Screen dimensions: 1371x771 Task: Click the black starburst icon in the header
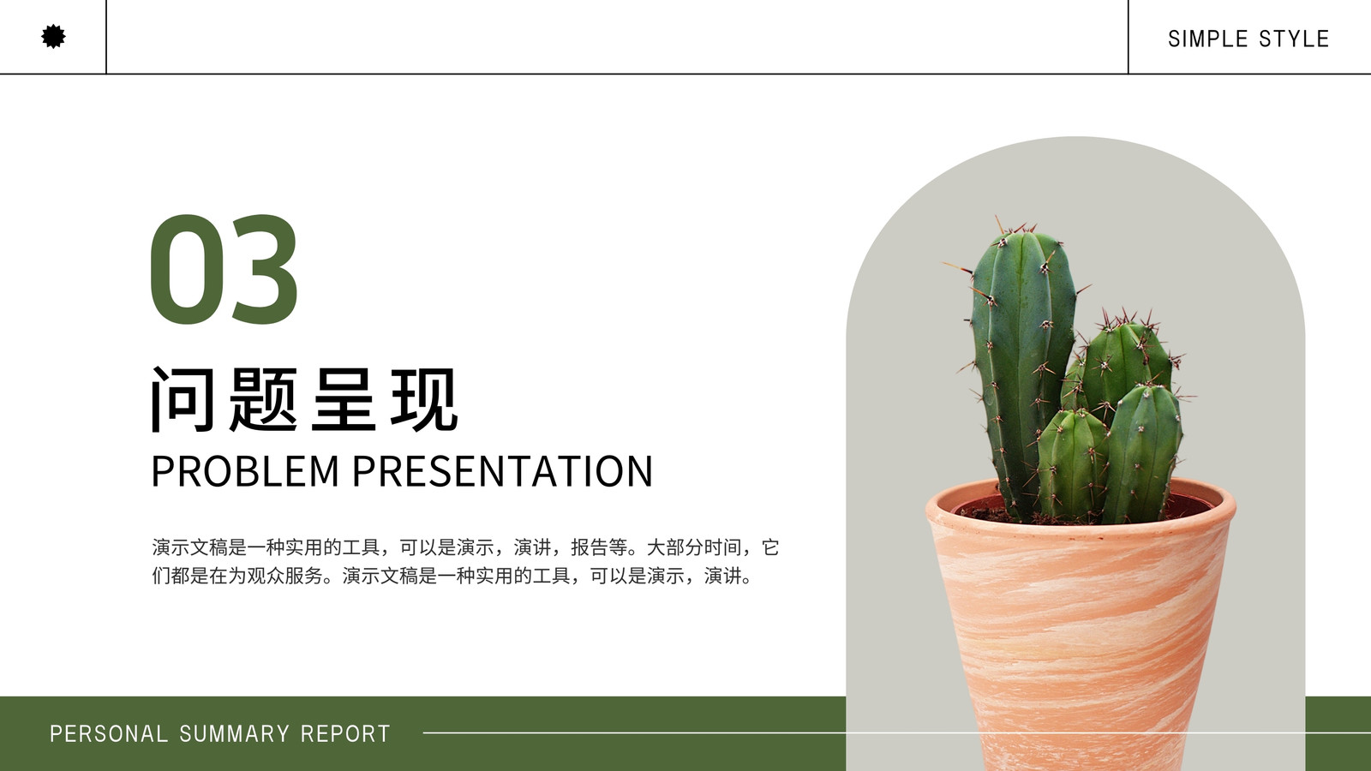pos(53,37)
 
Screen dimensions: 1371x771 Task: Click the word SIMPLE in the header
pos(1207,39)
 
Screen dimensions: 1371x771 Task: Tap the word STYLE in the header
pos(1294,39)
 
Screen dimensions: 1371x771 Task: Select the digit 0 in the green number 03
pos(188,269)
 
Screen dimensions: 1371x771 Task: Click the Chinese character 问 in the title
pos(183,399)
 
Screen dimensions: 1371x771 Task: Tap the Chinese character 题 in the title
pos(263,399)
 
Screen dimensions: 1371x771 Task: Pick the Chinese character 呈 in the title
pos(344,399)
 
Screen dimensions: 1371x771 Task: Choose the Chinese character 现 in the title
pos(424,399)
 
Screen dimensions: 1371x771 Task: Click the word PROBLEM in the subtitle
pos(245,470)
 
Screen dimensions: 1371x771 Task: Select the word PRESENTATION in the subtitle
pos(502,470)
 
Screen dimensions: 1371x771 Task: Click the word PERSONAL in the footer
pos(108,733)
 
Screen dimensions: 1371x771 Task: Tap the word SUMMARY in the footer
pos(235,733)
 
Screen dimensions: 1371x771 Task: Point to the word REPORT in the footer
pos(345,733)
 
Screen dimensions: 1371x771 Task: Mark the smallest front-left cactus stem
pos(1072,465)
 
